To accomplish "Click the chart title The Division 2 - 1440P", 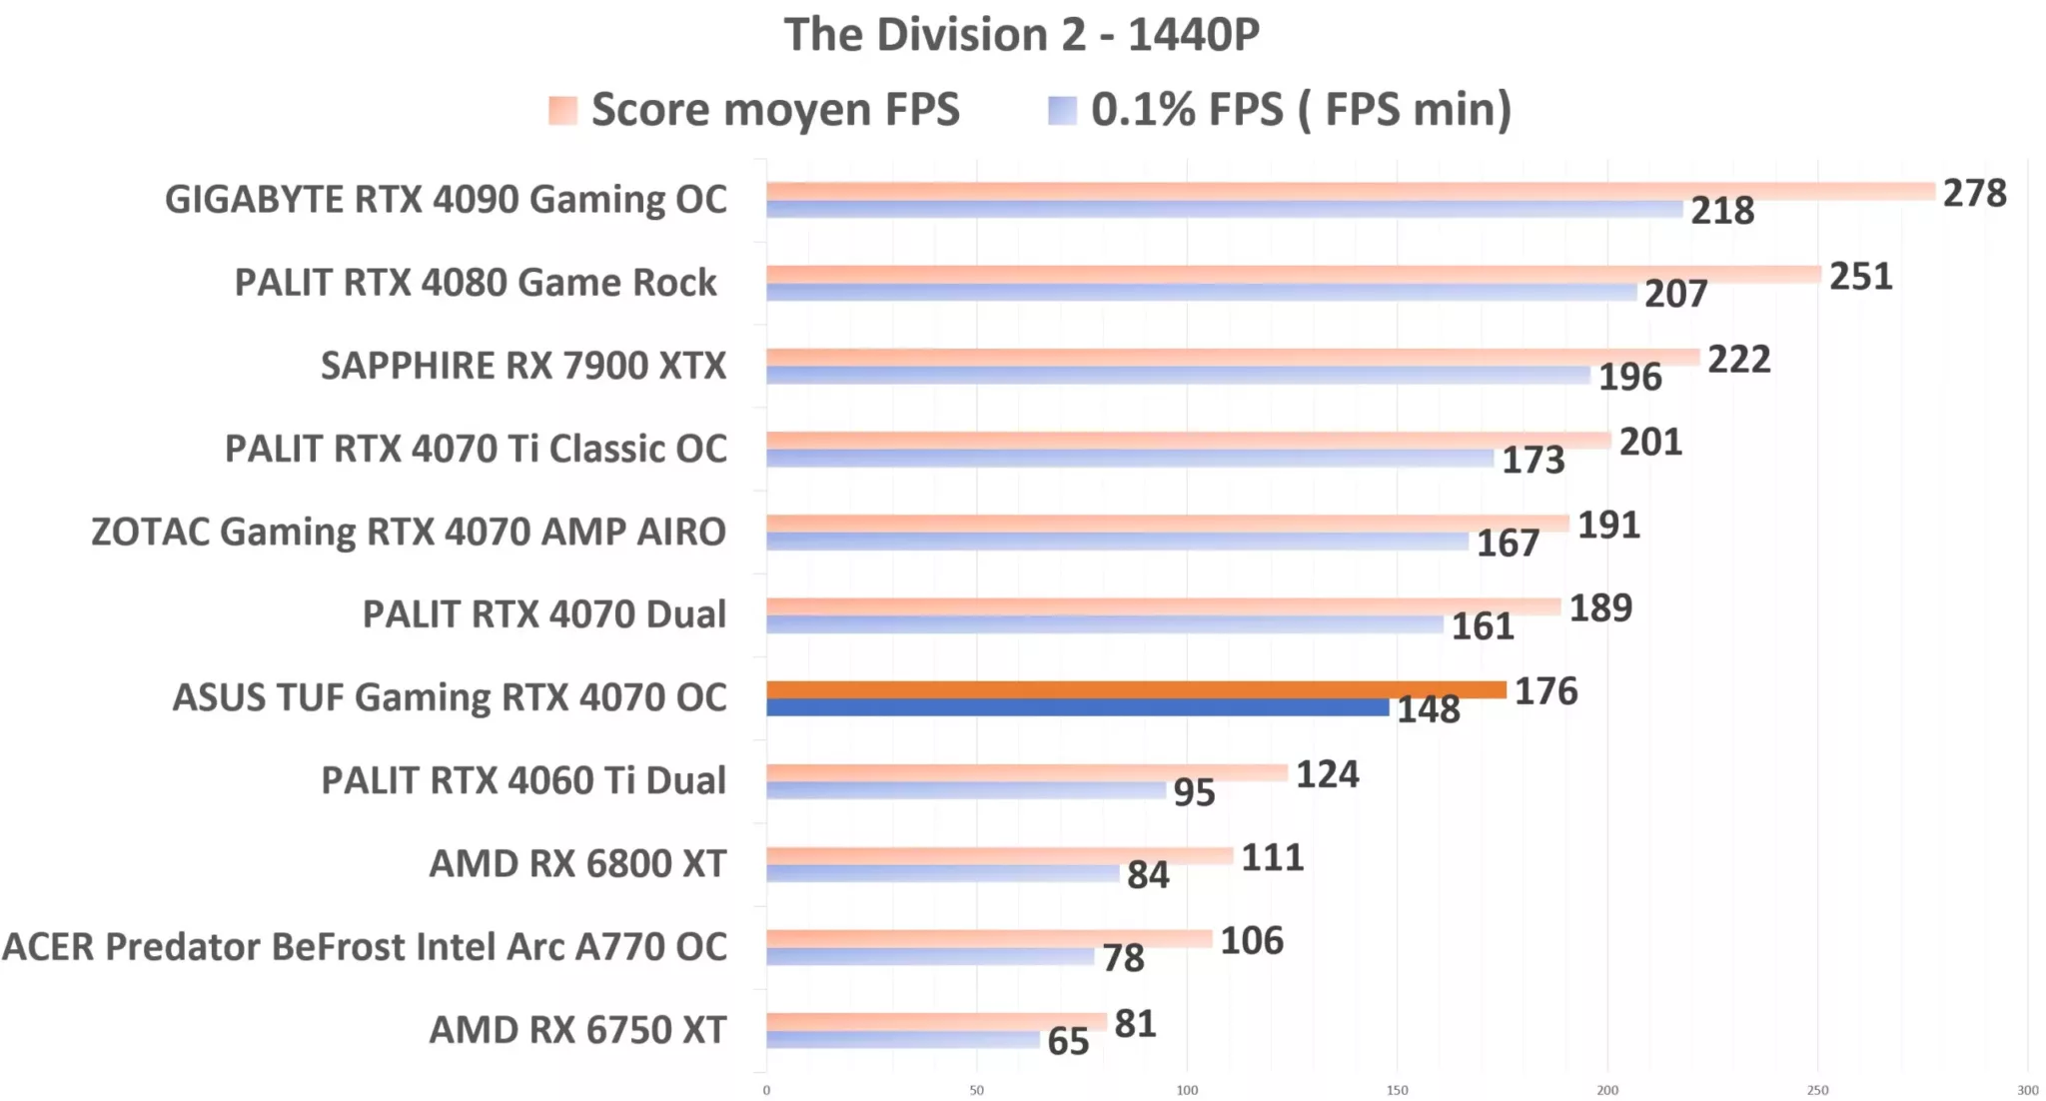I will click(1021, 35).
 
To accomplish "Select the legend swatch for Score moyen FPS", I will click(562, 110).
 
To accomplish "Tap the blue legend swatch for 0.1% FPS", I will click(1062, 110).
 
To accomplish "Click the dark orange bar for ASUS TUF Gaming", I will click(1136, 689).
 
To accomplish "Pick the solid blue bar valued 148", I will click(1077, 707).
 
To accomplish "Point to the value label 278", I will click(1974, 193).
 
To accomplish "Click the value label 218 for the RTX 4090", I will click(1721, 211).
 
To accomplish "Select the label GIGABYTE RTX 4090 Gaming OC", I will click(446, 199).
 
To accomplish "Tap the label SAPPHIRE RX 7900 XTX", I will click(522, 366).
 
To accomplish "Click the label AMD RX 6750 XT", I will click(577, 1029).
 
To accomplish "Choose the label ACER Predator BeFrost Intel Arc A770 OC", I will click(365, 946).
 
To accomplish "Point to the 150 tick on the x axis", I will click(1397, 1090).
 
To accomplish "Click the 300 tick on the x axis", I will click(2027, 1090).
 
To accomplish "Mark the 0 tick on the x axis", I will click(766, 1090).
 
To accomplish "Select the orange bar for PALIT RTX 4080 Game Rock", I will click(1293, 274).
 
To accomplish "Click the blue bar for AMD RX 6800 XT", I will click(942, 873).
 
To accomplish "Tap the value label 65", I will click(1067, 1042).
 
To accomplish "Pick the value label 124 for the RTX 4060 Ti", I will click(1327, 774).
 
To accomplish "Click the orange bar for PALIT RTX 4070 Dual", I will click(1163, 606).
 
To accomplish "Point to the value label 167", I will click(1508, 544).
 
